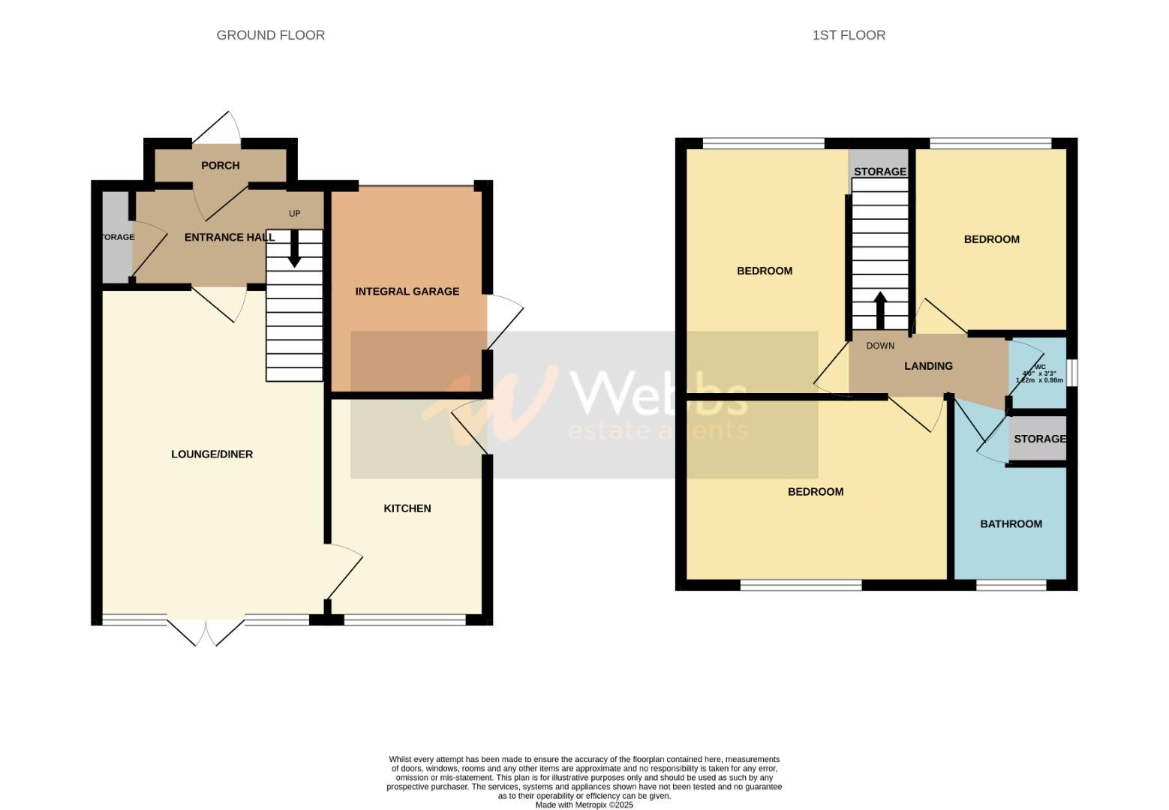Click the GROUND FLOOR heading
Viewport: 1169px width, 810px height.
click(x=270, y=35)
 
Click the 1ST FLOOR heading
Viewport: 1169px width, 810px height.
click(x=849, y=35)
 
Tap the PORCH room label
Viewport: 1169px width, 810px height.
click(x=220, y=165)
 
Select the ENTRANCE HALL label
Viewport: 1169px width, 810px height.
click(x=230, y=237)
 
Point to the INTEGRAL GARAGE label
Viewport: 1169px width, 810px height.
click(x=407, y=291)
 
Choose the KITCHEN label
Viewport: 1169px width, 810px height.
click(x=407, y=508)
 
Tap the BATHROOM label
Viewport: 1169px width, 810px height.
click(x=1011, y=523)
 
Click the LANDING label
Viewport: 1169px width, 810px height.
click(x=928, y=366)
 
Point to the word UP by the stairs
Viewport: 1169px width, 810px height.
click(x=294, y=214)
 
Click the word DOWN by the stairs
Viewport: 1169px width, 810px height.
click(x=880, y=346)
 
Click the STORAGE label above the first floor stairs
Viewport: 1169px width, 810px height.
click(x=879, y=172)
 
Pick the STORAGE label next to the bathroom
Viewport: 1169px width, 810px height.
click(x=1039, y=439)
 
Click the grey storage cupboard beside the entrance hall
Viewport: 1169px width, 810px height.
click(x=116, y=237)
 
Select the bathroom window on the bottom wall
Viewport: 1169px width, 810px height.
click(x=1011, y=585)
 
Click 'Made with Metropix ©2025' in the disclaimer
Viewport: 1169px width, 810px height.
click(x=584, y=805)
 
